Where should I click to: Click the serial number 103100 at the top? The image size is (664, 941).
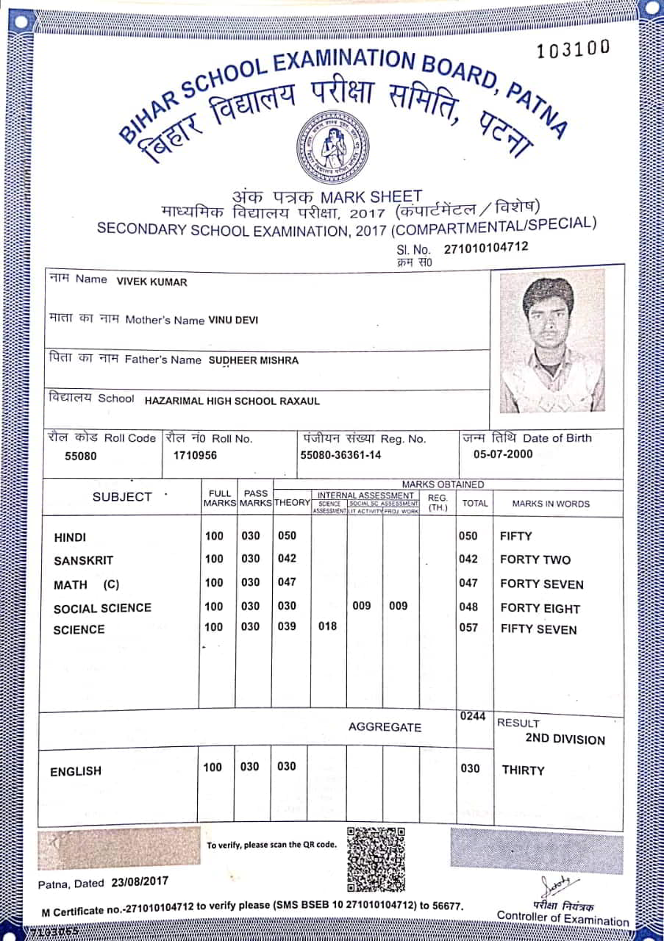pyautogui.click(x=574, y=49)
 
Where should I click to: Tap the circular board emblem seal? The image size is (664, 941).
pyautogui.click(x=332, y=147)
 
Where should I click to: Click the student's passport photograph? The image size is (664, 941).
pyautogui.click(x=552, y=340)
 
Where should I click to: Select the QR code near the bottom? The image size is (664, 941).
pyautogui.click(x=376, y=858)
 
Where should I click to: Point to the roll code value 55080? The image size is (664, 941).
pyautogui.click(x=81, y=456)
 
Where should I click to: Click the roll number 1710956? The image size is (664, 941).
pyautogui.click(x=195, y=456)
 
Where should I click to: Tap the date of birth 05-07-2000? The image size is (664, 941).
pyautogui.click(x=503, y=454)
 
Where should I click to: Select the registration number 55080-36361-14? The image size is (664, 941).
pyautogui.click(x=340, y=455)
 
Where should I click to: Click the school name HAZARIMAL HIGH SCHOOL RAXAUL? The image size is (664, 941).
pyautogui.click(x=232, y=401)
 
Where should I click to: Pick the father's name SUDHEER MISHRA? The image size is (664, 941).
pyautogui.click(x=254, y=360)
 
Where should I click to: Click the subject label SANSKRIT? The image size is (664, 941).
pyautogui.click(x=83, y=561)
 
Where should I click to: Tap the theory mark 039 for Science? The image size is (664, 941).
pyautogui.click(x=287, y=626)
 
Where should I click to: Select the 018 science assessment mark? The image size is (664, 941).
pyautogui.click(x=328, y=626)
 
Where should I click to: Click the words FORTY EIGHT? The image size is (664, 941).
pyautogui.click(x=540, y=609)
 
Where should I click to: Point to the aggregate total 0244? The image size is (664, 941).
pyautogui.click(x=473, y=717)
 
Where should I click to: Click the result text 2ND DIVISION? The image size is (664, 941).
pyautogui.click(x=565, y=740)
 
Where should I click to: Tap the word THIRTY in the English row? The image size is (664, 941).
pyautogui.click(x=523, y=770)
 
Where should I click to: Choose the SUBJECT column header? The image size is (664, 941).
pyautogui.click(x=122, y=497)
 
